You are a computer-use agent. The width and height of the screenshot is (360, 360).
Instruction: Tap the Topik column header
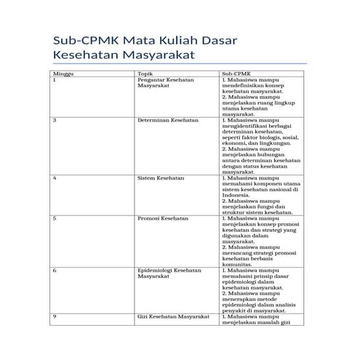(145, 73)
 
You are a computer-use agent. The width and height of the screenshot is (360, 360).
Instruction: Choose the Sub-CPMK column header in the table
(235, 73)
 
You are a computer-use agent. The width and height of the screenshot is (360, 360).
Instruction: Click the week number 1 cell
(55, 80)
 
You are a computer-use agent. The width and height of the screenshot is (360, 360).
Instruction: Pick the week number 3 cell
(55, 120)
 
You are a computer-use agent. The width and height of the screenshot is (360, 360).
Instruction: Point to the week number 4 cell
(55, 177)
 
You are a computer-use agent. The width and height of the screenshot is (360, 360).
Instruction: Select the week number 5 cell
(55, 218)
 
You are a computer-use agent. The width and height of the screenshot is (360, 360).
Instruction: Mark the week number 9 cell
(55, 316)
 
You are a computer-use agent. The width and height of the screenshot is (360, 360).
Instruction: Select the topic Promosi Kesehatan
(163, 218)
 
